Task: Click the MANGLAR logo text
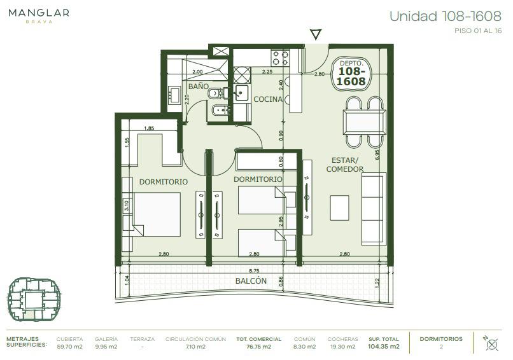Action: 39,13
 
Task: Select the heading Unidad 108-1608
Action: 446,16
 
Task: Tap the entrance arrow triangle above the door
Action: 316,34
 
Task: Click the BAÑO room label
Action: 199,87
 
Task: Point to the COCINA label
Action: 268,99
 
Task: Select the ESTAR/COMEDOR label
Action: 345,165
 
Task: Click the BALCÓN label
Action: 251,280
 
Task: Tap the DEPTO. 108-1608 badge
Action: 351,74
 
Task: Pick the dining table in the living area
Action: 365,122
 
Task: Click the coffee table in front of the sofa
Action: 339,207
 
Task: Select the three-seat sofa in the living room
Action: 374,209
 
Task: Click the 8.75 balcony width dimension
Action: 253,271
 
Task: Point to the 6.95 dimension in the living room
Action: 377,155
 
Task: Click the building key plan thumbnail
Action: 34,300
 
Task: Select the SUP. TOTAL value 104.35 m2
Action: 383,347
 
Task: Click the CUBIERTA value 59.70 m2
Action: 69,347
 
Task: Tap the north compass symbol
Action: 491,343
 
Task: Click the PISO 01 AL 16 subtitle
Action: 478,31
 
